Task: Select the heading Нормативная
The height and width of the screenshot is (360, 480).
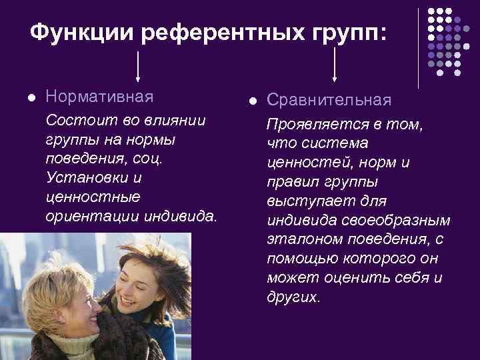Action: pos(99,97)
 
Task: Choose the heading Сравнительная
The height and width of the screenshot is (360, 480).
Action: pos(329,100)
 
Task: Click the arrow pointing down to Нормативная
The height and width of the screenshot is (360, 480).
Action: pos(138,66)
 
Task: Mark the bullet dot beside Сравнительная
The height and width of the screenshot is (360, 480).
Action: pos(253,101)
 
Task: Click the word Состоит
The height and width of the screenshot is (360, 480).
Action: pos(72,120)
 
